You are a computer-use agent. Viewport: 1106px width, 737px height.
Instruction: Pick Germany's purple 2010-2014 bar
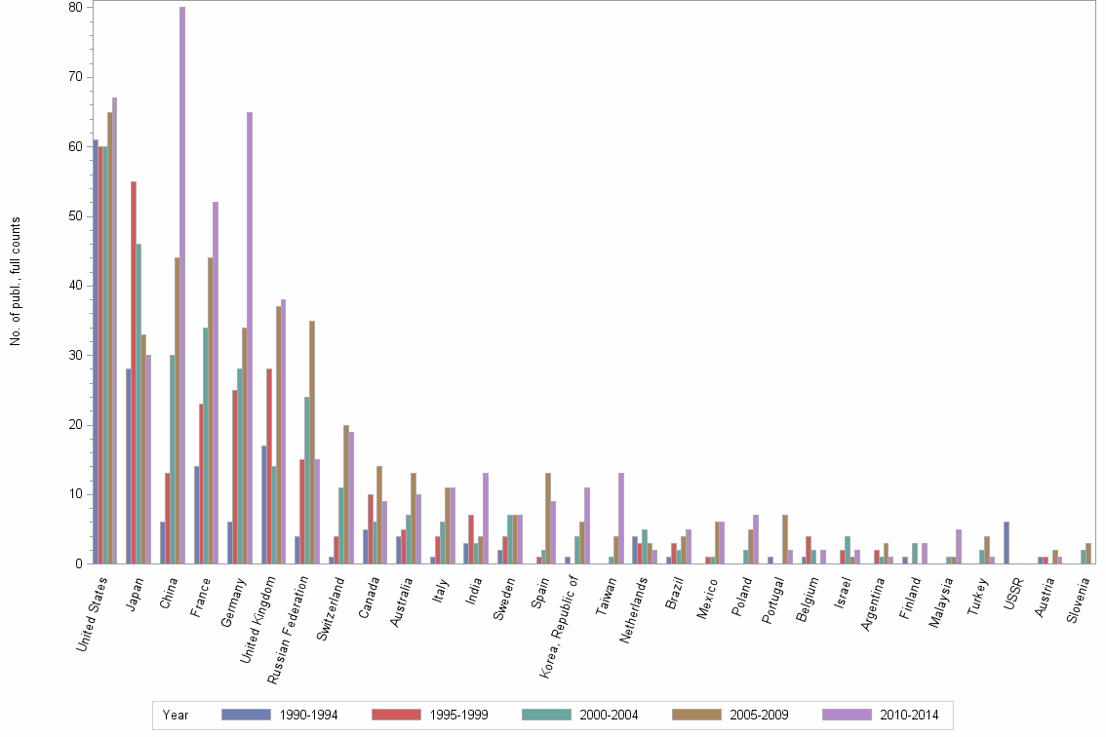[x=250, y=337]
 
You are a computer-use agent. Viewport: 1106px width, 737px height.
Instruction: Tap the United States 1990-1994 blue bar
[x=95, y=351]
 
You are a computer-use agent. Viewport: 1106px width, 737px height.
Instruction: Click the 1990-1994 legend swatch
[x=245, y=715]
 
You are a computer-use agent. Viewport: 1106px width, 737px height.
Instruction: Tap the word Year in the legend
[x=176, y=715]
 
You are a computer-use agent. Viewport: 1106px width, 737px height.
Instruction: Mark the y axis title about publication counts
[x=16, y=282]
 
